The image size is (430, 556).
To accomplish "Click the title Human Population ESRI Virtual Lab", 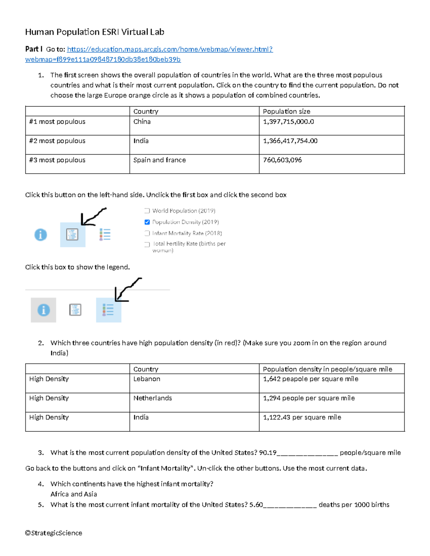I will [95, 32].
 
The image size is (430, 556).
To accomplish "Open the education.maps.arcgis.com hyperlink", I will [170, 49].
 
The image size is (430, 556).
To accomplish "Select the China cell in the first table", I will [142, 122].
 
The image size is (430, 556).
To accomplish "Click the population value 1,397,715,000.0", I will [288, 122].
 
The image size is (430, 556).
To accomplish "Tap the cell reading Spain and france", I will [159, 160].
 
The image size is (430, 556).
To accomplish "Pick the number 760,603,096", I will [282, 160].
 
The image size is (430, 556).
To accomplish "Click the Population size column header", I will [286, 111].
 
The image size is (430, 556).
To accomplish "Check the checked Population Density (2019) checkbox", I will [147, 222].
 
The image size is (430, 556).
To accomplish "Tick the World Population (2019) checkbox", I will [147, 211].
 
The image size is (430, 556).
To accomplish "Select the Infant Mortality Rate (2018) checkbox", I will [147, 233].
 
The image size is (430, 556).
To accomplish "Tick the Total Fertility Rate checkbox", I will [147, 245].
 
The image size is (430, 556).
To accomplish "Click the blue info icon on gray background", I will [43, 310].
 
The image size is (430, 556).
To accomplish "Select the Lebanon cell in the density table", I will [147, 379].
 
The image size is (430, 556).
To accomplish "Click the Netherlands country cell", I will [152, 398].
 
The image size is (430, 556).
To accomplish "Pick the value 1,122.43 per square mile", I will [302, 417].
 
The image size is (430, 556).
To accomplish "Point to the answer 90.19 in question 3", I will [267, 453].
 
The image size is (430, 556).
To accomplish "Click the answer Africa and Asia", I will [73, 494].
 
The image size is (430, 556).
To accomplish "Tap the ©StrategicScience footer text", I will [53, 533].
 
